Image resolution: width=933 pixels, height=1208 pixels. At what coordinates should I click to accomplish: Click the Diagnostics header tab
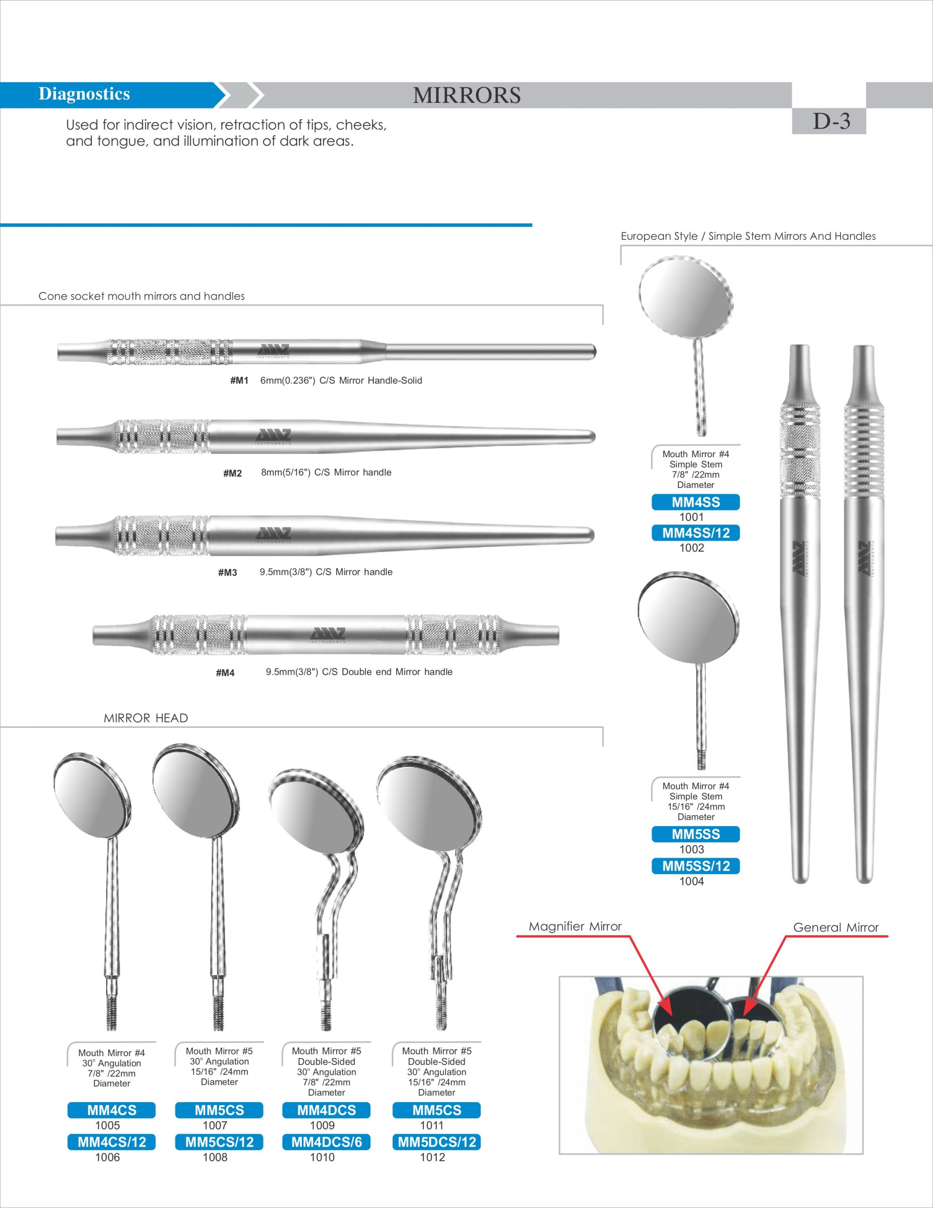pos(84,94)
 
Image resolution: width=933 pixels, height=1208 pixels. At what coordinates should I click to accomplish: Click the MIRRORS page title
pos(466,95)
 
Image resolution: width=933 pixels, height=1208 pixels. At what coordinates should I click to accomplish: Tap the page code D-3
pos(831,121)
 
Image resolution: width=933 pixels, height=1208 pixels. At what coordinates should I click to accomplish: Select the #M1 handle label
pos(240,380)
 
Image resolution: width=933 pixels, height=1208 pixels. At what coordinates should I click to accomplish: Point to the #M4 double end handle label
pos(225,672)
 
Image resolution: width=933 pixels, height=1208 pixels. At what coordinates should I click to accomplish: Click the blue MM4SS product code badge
pos(695,502)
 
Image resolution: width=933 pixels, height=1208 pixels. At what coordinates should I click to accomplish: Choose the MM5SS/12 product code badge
pos(695,866)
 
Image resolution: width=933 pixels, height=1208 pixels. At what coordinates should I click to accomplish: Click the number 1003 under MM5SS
pos(691,849)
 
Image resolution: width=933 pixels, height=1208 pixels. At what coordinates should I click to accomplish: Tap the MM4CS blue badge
pos(111,1110)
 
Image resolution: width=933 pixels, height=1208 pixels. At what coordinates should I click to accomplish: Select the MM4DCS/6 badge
pos(326,1142)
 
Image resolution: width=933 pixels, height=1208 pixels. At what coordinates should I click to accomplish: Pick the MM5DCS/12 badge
pos(436,1142)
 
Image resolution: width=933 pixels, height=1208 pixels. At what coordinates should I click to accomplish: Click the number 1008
pos(215,1157)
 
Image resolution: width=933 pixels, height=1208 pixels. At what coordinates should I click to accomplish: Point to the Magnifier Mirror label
pos(575,926)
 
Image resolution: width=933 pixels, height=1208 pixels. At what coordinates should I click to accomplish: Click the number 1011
pos(432,1125)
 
